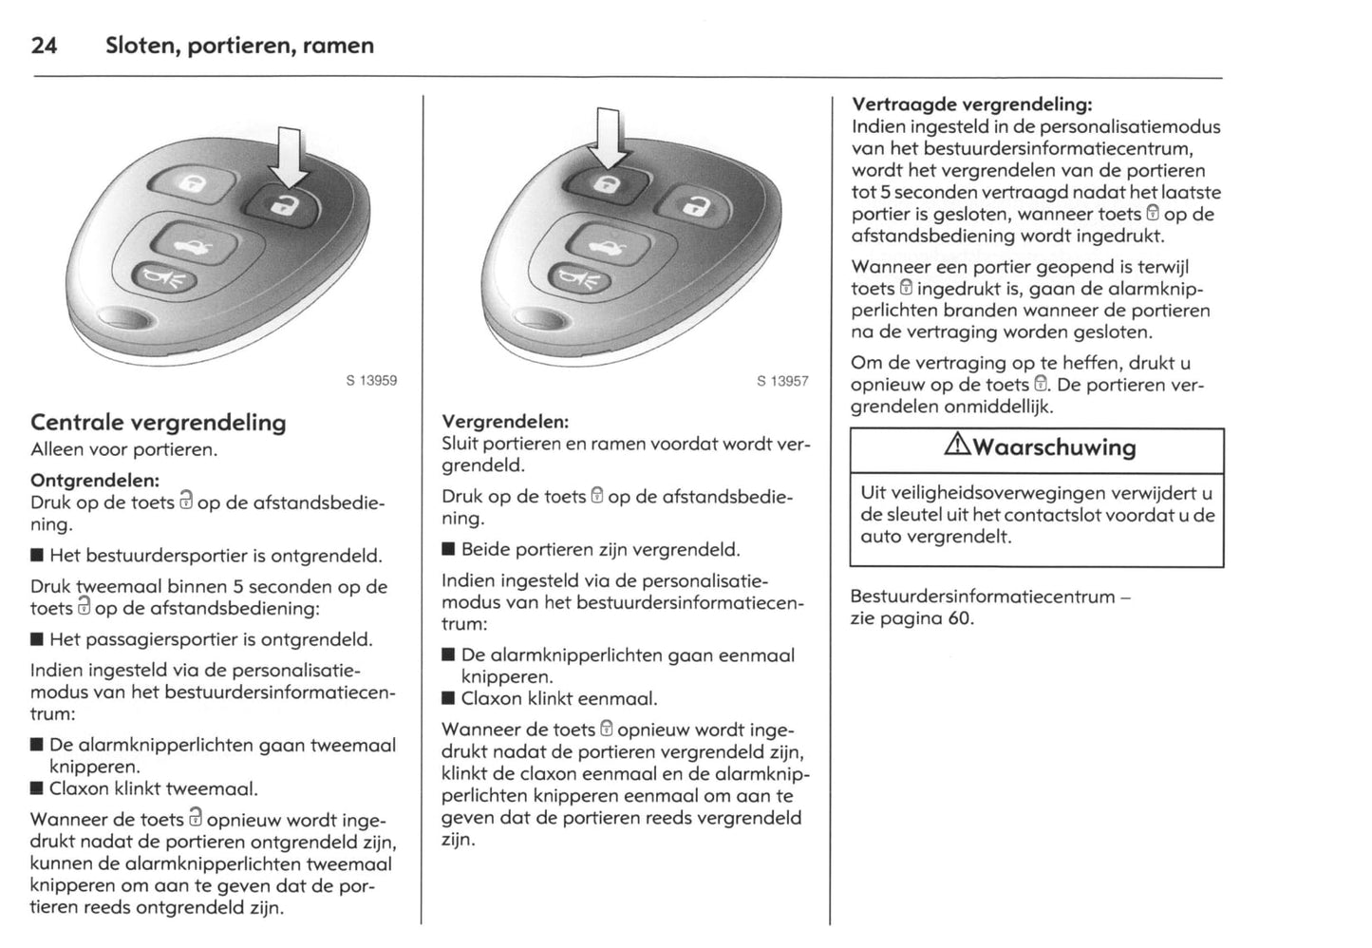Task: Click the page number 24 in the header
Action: [44, 46]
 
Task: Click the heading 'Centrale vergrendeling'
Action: [158, 423]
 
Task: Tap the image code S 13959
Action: [370, 381]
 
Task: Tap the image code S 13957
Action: [782, 381]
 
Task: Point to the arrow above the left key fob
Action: [289, 158]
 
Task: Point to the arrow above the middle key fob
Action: [608, 139]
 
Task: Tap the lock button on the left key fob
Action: [193, 184]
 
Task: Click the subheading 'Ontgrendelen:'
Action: [95, 481]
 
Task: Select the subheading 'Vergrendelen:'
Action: [505, 421]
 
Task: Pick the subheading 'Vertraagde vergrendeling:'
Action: [971, 104]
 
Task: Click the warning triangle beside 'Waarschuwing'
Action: [956, 446]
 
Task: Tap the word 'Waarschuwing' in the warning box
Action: [1054, 447]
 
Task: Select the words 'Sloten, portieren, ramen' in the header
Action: [240, 46]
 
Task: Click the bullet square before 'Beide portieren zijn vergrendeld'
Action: [448, 550]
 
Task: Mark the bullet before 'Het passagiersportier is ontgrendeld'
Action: [37, 640]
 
